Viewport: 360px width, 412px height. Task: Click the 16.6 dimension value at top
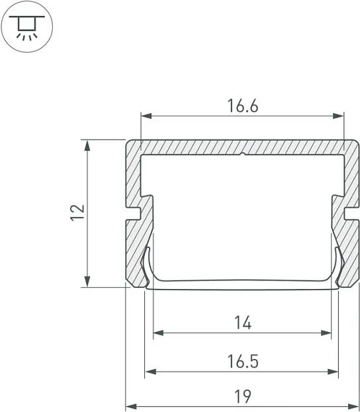[x=243, y=106]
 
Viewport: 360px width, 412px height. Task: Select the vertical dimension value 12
[x=78, y=212]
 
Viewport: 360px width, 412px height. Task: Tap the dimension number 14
[x=243, y=323]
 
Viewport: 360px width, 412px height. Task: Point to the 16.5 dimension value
[x=243, y=362]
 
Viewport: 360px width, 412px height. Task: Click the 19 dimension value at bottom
[x=243, y=397]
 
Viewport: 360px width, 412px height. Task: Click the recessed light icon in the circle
[x=27, y=28]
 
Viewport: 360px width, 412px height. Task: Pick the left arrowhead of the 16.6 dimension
[x=146, y=116]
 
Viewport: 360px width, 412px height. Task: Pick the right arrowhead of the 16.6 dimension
[x=338, y=116]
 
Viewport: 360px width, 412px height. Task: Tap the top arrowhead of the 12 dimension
[x=87, y=145]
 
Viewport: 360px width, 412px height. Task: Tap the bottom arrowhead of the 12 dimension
[x=87, y=282]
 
